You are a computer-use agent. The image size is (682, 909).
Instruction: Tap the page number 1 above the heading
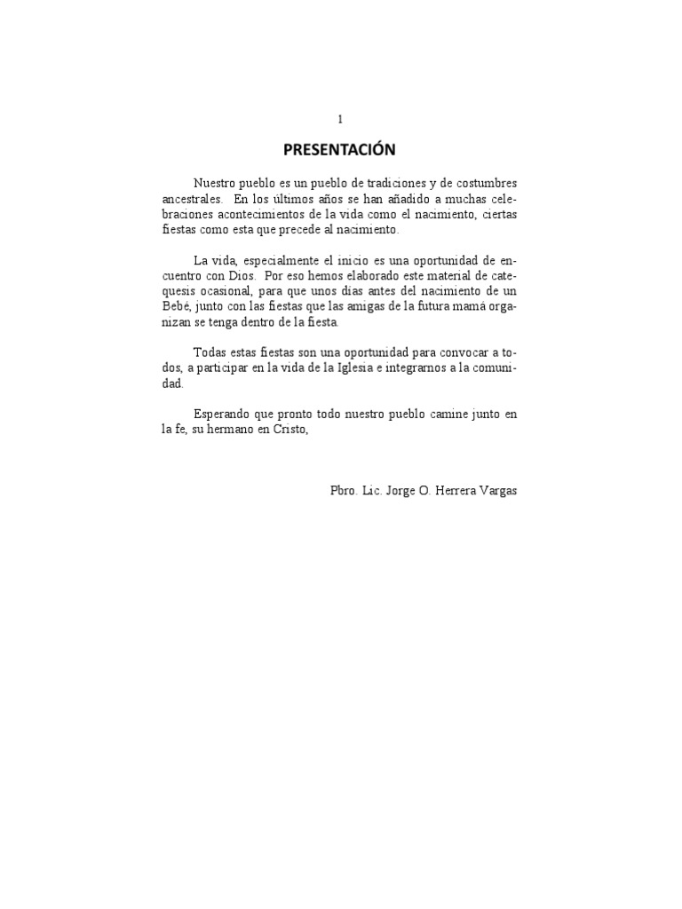click(340, 119)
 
